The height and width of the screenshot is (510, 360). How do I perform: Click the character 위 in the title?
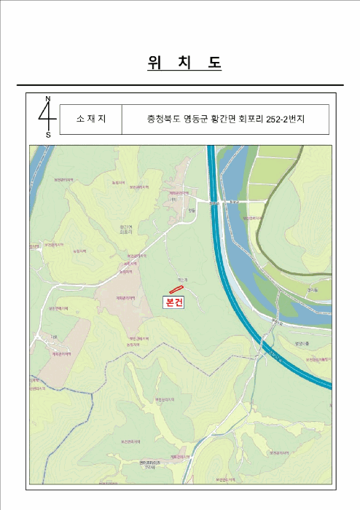154,63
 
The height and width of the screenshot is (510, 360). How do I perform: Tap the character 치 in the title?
185,63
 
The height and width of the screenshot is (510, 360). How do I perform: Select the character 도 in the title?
214,63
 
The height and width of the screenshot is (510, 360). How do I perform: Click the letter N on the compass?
48,99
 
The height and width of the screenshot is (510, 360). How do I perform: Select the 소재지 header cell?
91,119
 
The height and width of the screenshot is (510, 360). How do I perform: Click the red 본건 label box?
176,301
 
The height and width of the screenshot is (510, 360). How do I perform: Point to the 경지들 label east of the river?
313,289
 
